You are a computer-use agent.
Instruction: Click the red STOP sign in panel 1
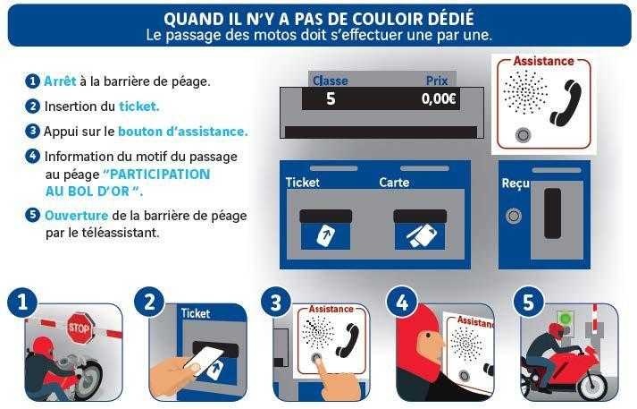click(80, 327)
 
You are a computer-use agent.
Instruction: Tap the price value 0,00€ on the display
click(439, 98)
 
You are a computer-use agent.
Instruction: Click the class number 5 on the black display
click(331, 98)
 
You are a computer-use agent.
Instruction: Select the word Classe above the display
click(331, 81)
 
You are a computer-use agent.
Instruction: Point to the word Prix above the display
click(437, 81)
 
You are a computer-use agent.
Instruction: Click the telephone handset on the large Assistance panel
click(566, 102)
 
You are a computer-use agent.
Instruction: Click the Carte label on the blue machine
click(394, 183)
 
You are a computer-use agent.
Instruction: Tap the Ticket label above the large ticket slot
click(303, 183)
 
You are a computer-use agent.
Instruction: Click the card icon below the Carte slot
click(420, 236)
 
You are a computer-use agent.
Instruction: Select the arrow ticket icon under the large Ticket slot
click(326, 236)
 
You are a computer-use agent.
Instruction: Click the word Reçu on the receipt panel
click(515, 183)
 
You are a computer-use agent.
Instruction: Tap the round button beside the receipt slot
click(514, 216)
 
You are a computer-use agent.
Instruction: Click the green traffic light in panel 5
click(565, 318)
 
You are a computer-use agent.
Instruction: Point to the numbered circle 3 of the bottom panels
click(276, 302)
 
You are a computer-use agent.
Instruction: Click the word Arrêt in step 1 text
click(60, 81)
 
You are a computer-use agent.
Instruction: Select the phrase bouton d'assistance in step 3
click(183, 132)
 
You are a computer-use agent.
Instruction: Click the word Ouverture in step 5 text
click(76, 216)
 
